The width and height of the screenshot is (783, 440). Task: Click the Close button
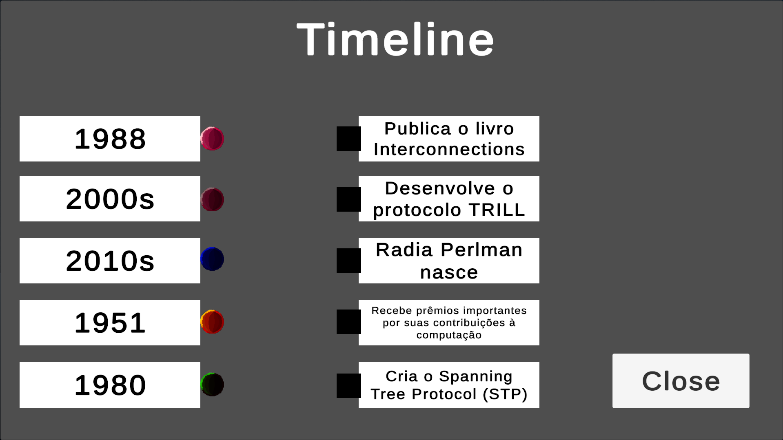coord(681,380)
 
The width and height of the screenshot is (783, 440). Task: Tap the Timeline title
coord(395,39)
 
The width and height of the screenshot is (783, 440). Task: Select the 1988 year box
coord(110,139)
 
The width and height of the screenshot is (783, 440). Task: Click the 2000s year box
coord(110,199)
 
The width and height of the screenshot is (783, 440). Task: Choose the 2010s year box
coord(110,261)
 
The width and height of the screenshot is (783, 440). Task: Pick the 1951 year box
coord(110,323)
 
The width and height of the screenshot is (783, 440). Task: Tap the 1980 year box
coord(110,385)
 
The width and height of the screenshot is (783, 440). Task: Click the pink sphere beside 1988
coord(212,139)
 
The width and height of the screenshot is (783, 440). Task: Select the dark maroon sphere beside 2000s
coord(212,199)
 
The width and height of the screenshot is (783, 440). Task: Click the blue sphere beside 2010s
coord(212,259)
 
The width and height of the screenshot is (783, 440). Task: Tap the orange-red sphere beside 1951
coord(212,322)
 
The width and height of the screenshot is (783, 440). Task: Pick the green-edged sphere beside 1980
coord(212,385)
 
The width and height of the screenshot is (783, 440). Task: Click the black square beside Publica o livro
coord(348,139)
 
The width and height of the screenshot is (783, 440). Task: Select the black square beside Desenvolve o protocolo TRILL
coord(348,199)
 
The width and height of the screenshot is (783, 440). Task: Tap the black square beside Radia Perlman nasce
coord(348,261)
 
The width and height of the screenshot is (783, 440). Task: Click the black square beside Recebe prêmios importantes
coord(348,322)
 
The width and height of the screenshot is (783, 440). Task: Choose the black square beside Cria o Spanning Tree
coord(348,386)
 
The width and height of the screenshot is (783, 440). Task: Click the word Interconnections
coord(449,149)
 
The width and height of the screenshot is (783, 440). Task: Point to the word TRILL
coord(497,210)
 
